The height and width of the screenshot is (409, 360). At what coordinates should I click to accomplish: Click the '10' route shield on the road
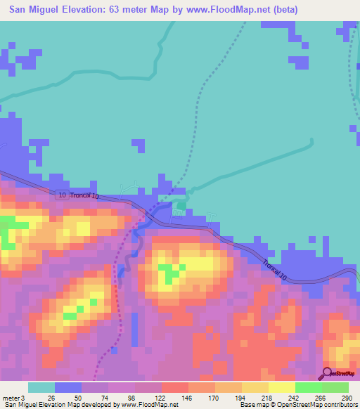point(62,195)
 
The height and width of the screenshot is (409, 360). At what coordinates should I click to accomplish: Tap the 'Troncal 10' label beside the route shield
point(85,195)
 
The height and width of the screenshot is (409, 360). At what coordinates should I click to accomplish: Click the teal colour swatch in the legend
point(41,387)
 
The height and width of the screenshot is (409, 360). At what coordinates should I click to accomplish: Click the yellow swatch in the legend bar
point(281,387)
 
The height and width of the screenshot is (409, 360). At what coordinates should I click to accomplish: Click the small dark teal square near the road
point(181,206)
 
